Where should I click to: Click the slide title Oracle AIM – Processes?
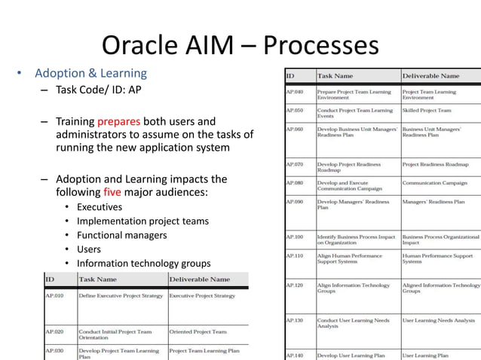tap(240, 45)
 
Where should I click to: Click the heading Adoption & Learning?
tap(90, 74)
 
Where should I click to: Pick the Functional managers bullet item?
tap(121, 235)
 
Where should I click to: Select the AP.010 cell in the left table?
tap(55, 296)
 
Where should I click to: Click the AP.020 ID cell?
tap(55, 331)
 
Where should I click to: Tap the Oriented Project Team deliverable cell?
tap(198, 331)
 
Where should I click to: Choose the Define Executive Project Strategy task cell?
tap(121, 296)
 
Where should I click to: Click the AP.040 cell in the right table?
tap(294, 92)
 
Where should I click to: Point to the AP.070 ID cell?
tap(294, 164)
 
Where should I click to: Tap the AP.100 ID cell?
tap(294, 236)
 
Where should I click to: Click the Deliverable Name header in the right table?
tap(430, 75)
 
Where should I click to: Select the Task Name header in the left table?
tap(98, 279)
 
